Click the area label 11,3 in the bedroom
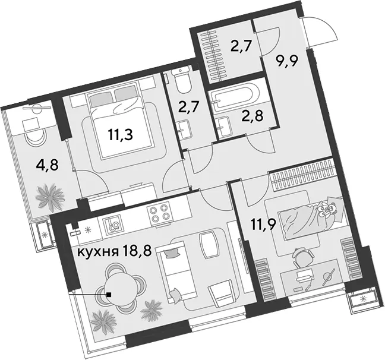120,135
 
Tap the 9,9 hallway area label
286,61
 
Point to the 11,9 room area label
264,225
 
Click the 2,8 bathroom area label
252,115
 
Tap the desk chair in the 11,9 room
304,258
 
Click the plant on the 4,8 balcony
50,195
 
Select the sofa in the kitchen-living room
177,272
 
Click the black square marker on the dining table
109,294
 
